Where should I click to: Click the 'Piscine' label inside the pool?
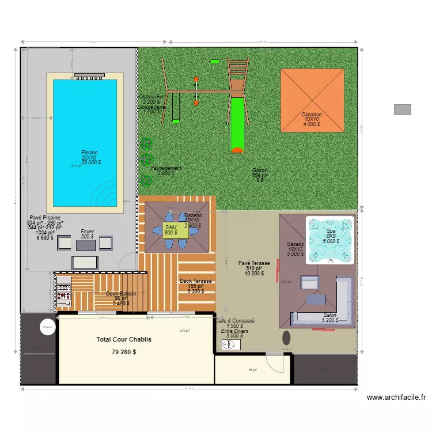click(x=89, y=153)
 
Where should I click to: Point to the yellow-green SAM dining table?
click(x=175, y=230)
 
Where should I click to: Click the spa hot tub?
click(x=329, y=239)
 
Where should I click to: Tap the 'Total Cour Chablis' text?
click(x=124, y=340)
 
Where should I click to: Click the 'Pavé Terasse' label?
click(x=254, y=263)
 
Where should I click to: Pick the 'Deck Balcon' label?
click(x=121, y=294)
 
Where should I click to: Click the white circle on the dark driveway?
click(x=47, y=327)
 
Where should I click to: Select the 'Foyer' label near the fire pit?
click(x=87, y=232)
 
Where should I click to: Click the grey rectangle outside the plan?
click(x=403, y=109)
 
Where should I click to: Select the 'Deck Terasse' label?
click(x=196, y=281)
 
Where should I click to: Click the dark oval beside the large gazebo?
click(x=286, y=336)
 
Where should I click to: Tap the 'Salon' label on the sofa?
click(x=330, y=315)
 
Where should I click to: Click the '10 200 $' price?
click(x=254, y=274)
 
